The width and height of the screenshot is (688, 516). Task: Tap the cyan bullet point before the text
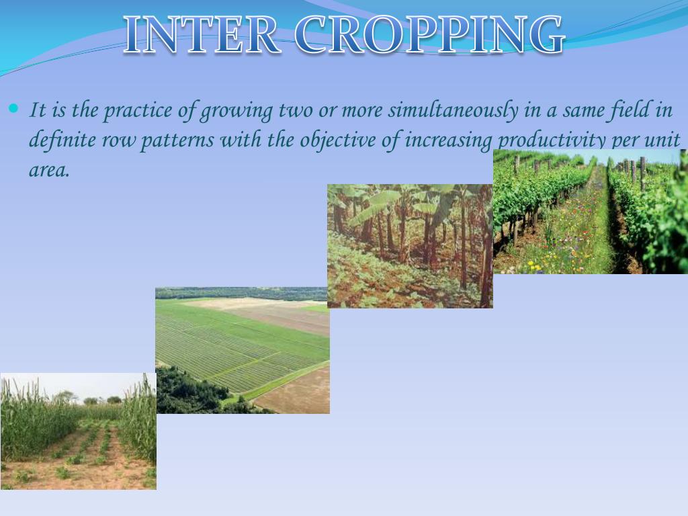(14, 109)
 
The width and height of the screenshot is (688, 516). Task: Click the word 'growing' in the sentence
(234, 110)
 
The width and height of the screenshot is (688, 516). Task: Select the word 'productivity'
(551, 140)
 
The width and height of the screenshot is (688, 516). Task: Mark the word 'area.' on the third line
(49, 170)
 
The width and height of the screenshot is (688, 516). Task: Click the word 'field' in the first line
(627, 110)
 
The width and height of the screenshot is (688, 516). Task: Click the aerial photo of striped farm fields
(243, 350)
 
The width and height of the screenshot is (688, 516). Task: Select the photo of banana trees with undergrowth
(410, 246)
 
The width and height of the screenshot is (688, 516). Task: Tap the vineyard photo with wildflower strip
(590, 211)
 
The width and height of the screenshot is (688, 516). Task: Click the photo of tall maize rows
(78, 431)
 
